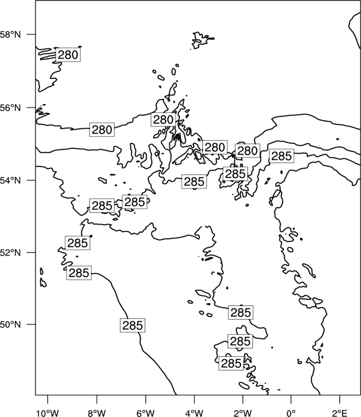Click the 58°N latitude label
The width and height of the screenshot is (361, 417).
[11, 34]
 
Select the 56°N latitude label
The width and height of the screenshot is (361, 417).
[11, 108]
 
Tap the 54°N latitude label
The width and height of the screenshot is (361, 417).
[11, 181]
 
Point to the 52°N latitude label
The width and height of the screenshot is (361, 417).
[11, 252]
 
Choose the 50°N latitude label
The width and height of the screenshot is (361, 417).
[11, 325]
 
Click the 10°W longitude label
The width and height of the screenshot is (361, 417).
[48, 413]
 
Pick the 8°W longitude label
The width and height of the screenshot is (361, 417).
[97, 413]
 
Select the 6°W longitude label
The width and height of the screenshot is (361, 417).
[146, 413]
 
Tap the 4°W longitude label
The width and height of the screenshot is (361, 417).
[194, 413]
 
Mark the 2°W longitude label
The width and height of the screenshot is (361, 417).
[243, 413]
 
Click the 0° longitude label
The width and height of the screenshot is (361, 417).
[291, 413]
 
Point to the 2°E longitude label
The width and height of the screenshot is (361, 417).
[340, 413]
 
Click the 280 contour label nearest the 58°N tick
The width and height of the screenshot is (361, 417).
[68, 55]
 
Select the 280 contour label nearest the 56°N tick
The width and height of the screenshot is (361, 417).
[102, 130]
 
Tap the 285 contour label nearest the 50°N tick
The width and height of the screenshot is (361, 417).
[133, 325]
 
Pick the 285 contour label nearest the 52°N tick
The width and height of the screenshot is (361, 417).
[78, 243]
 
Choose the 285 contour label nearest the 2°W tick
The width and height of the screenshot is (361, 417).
[231, 363]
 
